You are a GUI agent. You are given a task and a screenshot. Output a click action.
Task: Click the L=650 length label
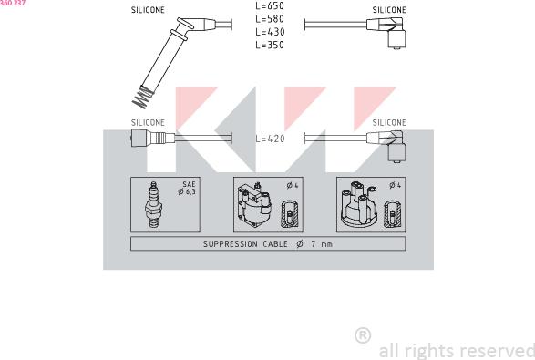[270, 5]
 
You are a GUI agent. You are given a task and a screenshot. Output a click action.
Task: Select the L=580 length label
[270, 19]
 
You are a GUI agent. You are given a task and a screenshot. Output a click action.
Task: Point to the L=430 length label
[270, 32]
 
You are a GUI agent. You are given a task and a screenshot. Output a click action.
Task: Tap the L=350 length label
[270, 45]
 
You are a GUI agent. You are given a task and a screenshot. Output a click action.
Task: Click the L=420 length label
[270, 139]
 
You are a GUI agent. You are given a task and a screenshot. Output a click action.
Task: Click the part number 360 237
[13, 3]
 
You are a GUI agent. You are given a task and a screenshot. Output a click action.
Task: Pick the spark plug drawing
[153, 204]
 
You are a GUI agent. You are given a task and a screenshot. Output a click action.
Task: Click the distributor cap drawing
[359, 204]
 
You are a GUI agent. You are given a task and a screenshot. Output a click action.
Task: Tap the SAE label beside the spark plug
[189, 184]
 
